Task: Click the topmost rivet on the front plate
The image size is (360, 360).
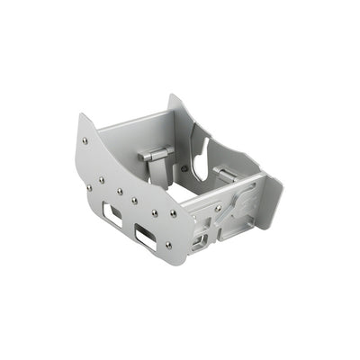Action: tap(85, 139)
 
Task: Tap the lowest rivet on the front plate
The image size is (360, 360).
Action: tap(167, 244)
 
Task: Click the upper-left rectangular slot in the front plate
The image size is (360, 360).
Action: tap(112, 213)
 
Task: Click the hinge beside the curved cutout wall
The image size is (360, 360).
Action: tap(225, 173)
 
